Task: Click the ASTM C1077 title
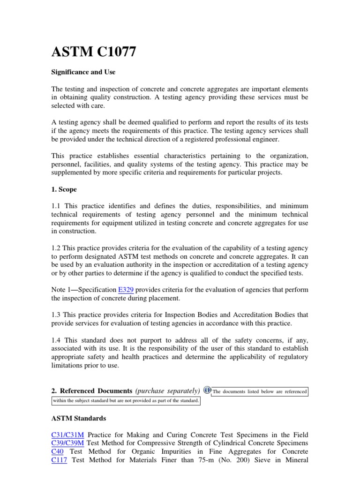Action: pos(94,52)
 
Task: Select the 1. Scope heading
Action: pos(64,190)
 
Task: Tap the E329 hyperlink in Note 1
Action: pos(126,290)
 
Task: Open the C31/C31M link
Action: pos(67,435)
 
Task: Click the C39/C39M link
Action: pos(68,443)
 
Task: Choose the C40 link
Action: pos(57,451)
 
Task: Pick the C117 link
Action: pos(59,460)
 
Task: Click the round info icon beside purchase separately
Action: pos(207,390)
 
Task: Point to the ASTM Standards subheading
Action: pos(78,418)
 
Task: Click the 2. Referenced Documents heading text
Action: pos(91,391)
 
